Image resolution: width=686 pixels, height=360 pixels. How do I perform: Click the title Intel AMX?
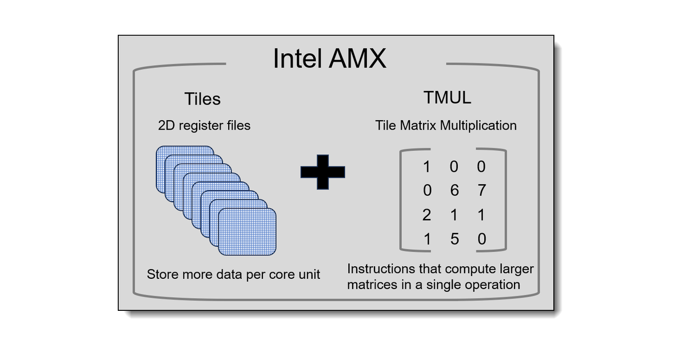tap(329, 58)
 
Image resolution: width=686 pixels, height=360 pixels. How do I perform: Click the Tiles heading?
tap(202, 99)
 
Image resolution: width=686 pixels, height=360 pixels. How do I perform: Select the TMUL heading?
tap(447, 98)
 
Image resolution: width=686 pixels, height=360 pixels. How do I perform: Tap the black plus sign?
tap(323, 171)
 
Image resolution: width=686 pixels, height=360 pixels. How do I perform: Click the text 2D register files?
tap(204, 125)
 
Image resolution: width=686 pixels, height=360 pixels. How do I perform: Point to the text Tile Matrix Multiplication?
tap(446, 125)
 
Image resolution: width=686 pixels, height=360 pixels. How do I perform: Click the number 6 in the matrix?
tap(454, 190)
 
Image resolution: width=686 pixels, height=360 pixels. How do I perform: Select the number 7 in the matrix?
tap(481, 190)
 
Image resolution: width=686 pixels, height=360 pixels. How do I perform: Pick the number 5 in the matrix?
tap(454, 239)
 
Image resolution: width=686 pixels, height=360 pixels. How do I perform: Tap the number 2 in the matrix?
tap(426, 215)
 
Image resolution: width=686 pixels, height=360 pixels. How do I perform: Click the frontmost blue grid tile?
tap(247, 231)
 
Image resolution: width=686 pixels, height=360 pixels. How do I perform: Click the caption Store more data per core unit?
tap(233, 274)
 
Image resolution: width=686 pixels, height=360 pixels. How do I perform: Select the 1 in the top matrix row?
tap(426, 166)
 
